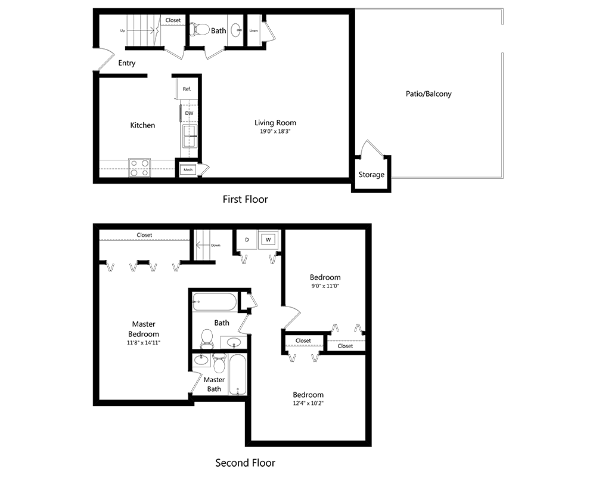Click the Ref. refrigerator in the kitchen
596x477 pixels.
point(186,89)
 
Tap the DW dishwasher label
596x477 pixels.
point(188,113)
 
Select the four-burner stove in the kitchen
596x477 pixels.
point(139,168)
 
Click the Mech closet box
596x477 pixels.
point(188,169)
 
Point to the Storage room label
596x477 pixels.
point(371,175)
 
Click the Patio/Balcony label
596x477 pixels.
point(429,94)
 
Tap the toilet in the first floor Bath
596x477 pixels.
point(199,29)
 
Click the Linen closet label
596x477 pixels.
point(254,30)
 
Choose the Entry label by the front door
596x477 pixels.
point(127,63)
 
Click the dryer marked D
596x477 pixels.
point(246,240)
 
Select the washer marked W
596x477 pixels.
point(268,240)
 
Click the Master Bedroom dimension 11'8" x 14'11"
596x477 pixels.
point(144,343)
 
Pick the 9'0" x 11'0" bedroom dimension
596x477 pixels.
point(325,286)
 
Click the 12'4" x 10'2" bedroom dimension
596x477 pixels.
point(308,404)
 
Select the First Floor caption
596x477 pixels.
point(245,199)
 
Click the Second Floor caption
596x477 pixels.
point(245,462)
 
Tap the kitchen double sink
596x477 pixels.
point(190,136)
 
